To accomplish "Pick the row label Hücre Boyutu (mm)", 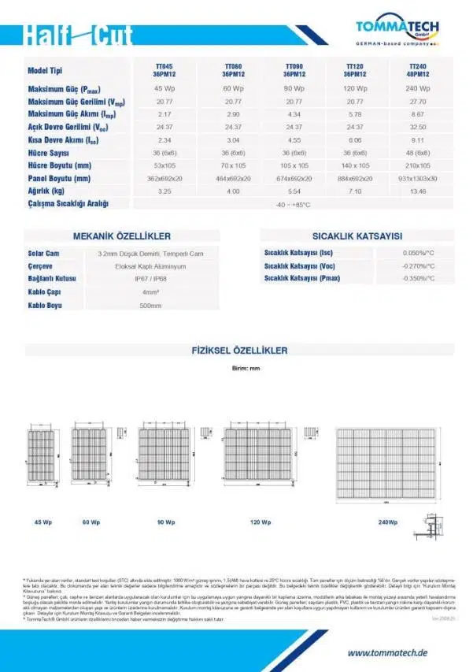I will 60,165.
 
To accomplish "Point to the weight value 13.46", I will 418,191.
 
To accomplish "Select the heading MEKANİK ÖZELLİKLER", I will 121,236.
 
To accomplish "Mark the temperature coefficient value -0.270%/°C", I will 418,266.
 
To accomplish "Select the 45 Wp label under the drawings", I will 42,522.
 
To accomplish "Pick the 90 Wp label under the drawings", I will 165,522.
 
